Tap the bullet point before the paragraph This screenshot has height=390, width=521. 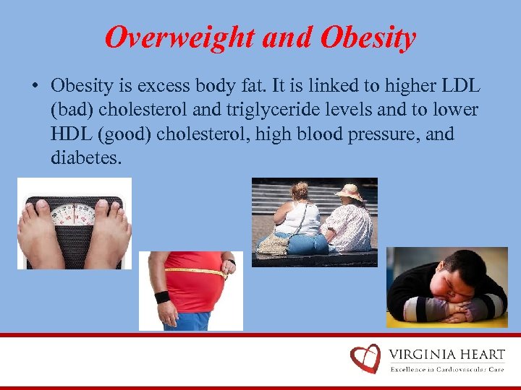[35, 86]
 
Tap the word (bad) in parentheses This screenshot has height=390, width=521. [74, 110]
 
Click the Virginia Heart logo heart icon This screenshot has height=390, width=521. [365, 358]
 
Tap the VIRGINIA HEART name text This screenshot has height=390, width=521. [447, 355]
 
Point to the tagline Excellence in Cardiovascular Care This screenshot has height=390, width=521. [447, 369]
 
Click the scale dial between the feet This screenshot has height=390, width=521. [73, 213]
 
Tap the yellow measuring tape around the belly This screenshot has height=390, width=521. [194, 271]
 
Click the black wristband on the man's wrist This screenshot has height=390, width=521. [162, 297]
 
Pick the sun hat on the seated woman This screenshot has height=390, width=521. [350, 192]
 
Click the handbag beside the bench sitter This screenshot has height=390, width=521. [273, 243]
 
